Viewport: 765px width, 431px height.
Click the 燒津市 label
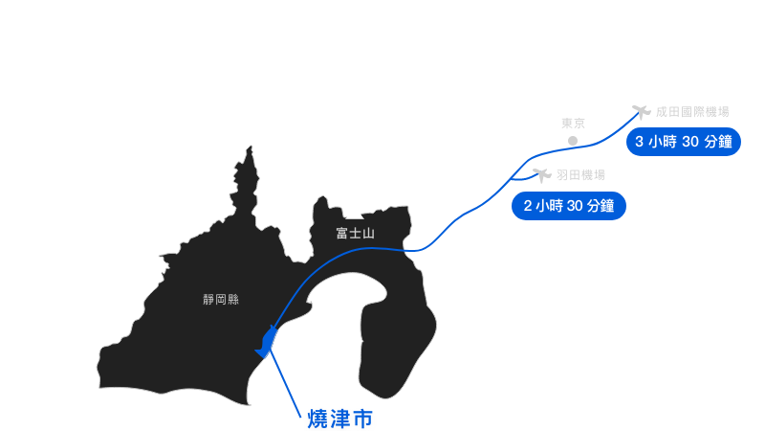coord(340,419)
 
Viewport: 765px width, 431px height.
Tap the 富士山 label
coord(355,233)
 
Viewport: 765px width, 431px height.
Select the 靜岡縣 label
coord(221,299)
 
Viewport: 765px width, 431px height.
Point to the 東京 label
coord(573,124)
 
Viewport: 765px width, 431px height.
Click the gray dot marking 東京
coord(573,141)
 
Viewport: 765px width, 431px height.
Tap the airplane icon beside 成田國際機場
coord(642,112)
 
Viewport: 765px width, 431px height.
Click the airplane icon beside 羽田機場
coord(542,175)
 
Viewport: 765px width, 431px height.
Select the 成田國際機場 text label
coord(692,112)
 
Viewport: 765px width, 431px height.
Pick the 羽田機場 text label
coord(580,175)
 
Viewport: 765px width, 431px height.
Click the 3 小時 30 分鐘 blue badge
coord(684,142)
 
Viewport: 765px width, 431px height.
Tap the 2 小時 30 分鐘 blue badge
coord(569,206)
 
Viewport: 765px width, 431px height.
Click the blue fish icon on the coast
coord(267,342)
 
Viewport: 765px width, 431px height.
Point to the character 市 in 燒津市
coord(362,419)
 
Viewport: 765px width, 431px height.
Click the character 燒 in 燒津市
coord(317,419)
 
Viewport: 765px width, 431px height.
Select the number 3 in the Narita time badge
coord(639,142)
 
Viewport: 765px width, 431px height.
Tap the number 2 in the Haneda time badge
coord(528,206)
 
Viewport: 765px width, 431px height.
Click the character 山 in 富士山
coord(368,234)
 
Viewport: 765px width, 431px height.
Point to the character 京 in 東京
coord(579,124)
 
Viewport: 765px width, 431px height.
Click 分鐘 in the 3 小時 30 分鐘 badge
coord(719,142)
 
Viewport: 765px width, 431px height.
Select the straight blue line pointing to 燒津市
coord(286,384)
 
